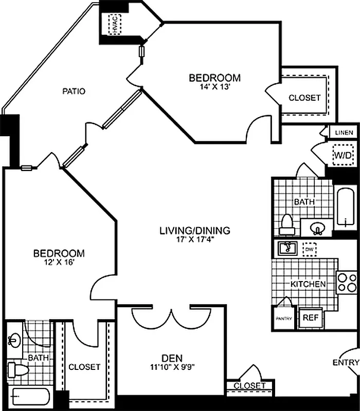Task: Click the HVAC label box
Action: [x=115, y=24]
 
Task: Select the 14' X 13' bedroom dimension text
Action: [x=214, y=87]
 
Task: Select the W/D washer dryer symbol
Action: [x=341, y=155]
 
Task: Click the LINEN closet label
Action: [x=344, y=133]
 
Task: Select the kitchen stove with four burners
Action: [x=346, y=283]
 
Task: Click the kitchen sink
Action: [x=287, y=248]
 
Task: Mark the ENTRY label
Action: [x=345, y=363]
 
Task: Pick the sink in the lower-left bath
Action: [x=14, y=340]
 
